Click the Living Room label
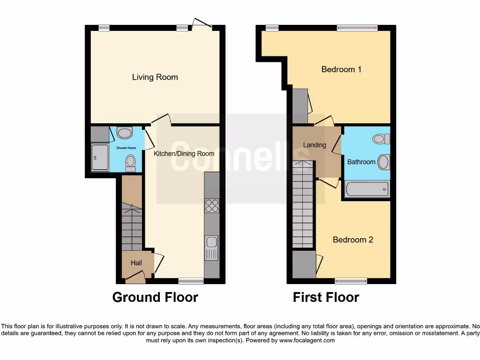tap(155, 77)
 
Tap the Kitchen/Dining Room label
tap(184, 153)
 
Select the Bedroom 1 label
tap(341, 69)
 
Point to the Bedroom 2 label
tap(353, 240)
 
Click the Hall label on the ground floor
tap(136, 263)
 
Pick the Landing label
tap(315, 145)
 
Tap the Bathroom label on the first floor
tap(361, 162)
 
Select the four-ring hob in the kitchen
tap(212, 206)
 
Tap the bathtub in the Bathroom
tap(367, 189)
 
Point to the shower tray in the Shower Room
tap(100, 157)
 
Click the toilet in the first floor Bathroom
tap(381, 139)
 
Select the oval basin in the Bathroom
tap(383, 162)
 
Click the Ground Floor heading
tap(155, 297)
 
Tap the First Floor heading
tap(326, 297)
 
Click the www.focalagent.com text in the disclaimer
tap(307, 340)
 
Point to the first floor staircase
tap(303, 204)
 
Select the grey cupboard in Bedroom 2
tap(304, 264)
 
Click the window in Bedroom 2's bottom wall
tap(351, 281)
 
